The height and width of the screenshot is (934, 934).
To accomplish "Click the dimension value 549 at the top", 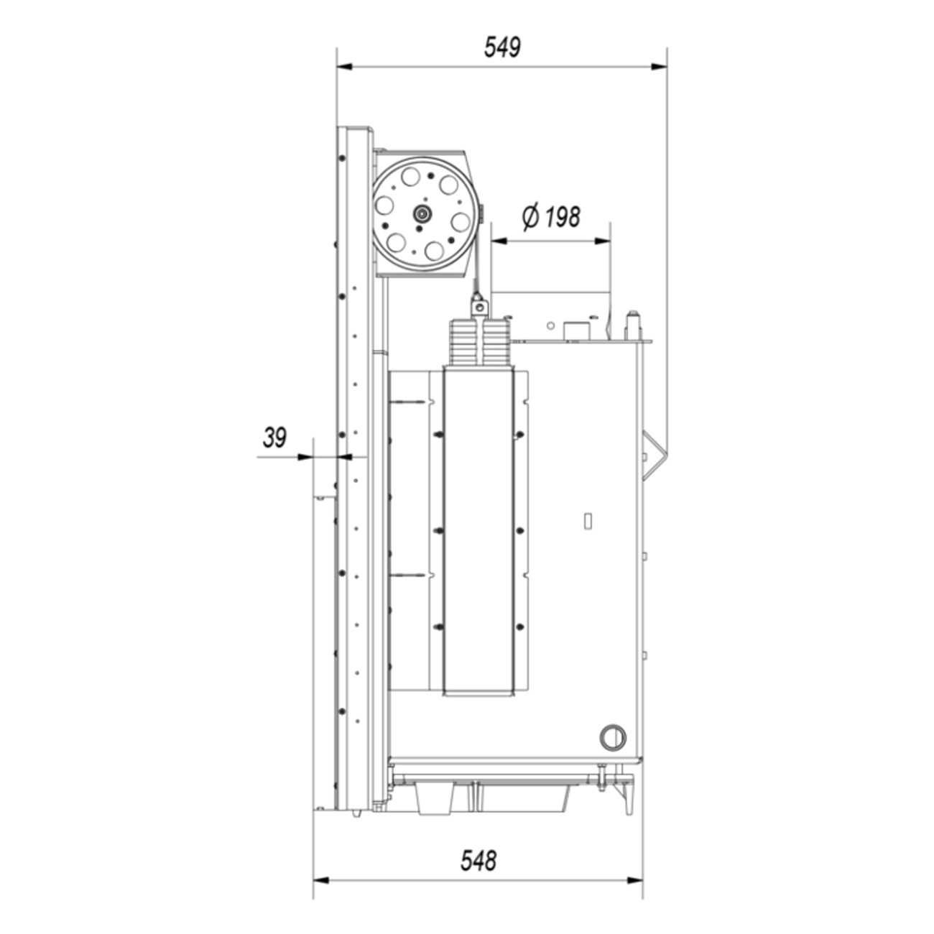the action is [x=502, y=47].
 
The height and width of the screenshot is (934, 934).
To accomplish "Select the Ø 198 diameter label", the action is [x=551, y=217].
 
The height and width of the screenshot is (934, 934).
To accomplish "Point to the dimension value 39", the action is [x=274, y=438].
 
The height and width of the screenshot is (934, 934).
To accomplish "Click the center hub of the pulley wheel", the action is [x=421, y=213].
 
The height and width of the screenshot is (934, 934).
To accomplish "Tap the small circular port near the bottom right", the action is [x=613, y=737].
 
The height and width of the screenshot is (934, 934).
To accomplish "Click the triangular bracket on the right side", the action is [x=655, y=456].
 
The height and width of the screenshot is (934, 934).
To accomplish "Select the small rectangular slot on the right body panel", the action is [x=588, y=521].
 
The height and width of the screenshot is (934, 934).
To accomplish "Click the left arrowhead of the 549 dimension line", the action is [x=345, y=67].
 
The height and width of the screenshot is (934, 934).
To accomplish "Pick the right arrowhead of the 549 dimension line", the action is [x=659, y=67].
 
